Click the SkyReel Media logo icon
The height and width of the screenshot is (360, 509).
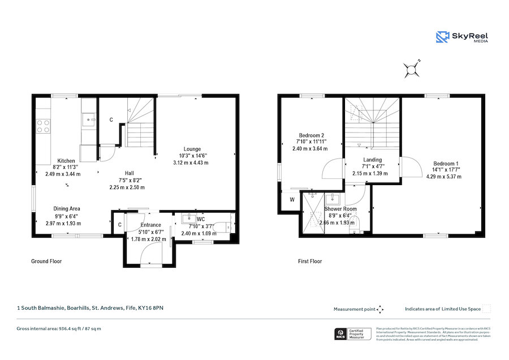click(442, 37)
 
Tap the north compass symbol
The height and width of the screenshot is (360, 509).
click(411, 69)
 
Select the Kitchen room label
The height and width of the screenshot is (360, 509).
click(66, 161)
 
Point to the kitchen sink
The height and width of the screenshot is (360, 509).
click(88, 119)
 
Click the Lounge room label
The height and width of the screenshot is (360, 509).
click(192, 149)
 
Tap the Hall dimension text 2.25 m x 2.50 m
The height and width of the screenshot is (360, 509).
click(127, 187)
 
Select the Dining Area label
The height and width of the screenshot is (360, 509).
click(67, 209)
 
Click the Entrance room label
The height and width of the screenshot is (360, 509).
click(151, 225)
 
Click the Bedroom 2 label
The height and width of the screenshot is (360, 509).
click(311, 135)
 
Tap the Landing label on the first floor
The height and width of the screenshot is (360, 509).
click(373, 160)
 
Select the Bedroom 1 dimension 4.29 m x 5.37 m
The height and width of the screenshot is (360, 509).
click(444, 177)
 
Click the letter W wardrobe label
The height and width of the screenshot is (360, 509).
click(292, 200)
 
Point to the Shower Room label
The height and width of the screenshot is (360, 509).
click(340, 209)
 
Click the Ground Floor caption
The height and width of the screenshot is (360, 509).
click(46, 262)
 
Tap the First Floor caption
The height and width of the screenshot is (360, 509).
click(310, 262)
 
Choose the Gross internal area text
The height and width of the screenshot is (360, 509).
click(59, 328)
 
